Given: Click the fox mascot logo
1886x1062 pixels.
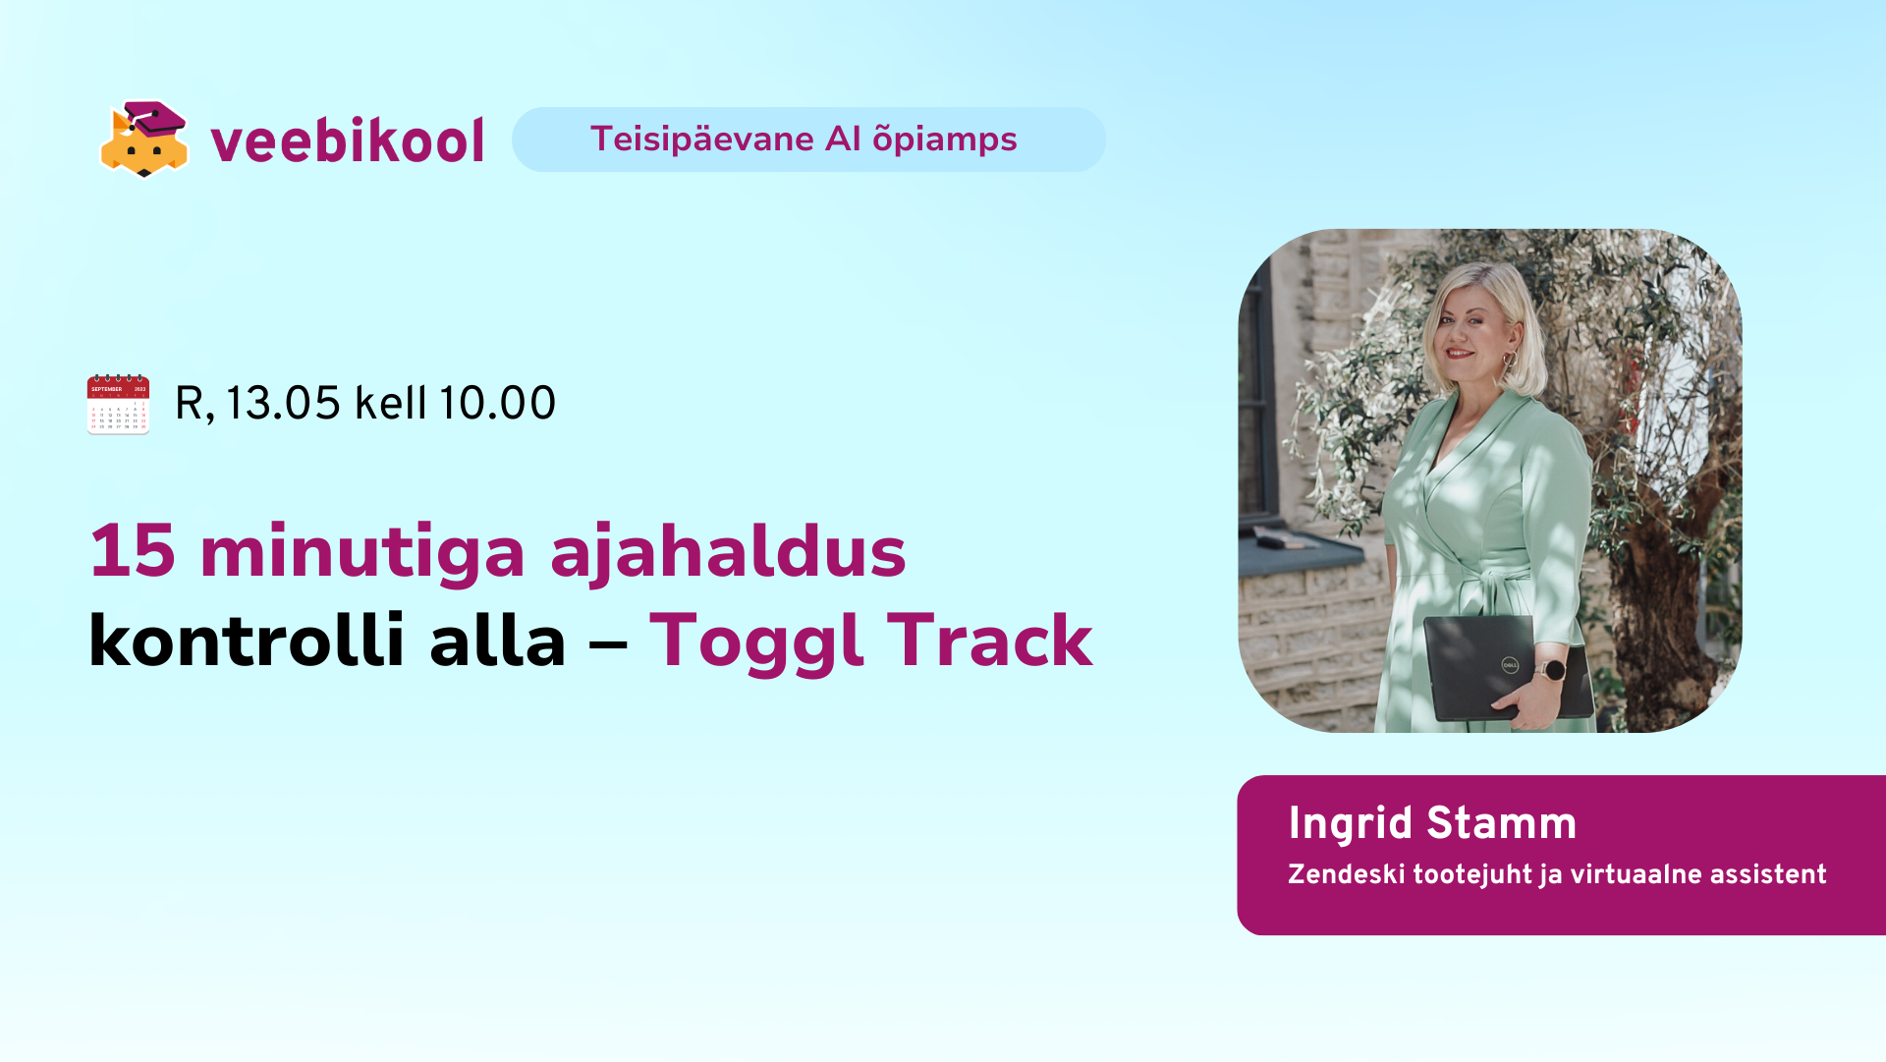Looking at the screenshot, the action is click(x=144, y=140).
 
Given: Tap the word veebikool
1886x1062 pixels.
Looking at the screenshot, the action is click(x=348, y=140).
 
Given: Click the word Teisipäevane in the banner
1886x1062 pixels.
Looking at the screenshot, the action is click(x=702, y=139).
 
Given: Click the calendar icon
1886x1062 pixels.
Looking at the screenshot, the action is click(x=118, y=404).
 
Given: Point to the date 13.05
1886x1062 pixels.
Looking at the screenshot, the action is click(x=283, y=403).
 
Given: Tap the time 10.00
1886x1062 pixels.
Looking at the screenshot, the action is click(x=497, y=403).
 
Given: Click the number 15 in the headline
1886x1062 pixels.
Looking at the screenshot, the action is click(x=133, y=551).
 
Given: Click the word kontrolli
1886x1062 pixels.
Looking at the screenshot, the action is click(x=247, y=641).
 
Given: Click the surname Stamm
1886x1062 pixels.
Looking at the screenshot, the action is click(x=1501, y=823).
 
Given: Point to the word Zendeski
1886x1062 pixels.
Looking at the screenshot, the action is click(x=1346, y=874).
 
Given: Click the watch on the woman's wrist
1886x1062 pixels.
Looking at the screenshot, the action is click(x=1553, y=671).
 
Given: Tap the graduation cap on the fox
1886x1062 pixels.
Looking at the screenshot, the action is click(x=157, y=118).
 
